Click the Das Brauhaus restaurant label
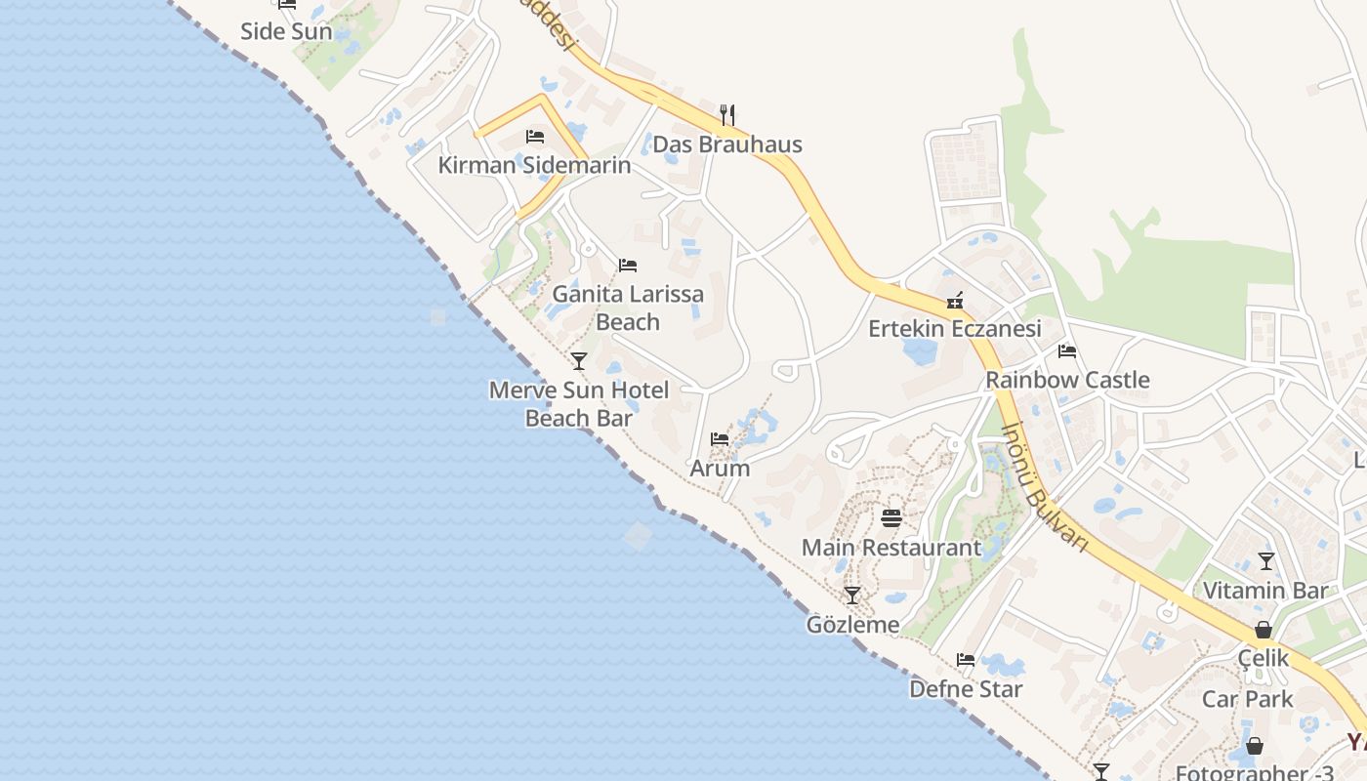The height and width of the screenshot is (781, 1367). tap(726, 144)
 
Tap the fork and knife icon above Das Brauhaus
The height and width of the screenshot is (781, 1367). tap(726, 115)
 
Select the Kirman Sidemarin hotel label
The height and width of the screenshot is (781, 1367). tap(534, 165)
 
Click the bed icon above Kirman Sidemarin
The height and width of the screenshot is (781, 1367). tap(534, 137)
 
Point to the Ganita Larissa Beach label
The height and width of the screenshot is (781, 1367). tap(628, 308)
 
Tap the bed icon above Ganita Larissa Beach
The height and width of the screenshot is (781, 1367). tap(628, 266)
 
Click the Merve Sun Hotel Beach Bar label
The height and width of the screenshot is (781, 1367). tap(579, 404)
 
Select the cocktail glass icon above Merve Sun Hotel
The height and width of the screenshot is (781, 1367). tap(579, 361)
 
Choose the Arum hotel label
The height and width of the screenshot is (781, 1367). tap(720, 468)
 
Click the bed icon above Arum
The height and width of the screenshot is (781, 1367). tap(720, 439)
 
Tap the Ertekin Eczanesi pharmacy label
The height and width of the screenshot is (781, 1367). tap(955, 329)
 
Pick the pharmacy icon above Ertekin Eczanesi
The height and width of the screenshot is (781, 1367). tap(955, 301)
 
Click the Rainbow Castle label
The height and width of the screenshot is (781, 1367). tap(1067, 380)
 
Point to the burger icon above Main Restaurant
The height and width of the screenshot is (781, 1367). tap(891, 517)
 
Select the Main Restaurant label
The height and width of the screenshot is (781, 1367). tap(891, 548)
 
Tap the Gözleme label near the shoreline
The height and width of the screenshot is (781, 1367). tap(852, 624)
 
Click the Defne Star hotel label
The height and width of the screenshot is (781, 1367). tap(966, 689)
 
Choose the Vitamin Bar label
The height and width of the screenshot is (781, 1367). tap(1265, 591)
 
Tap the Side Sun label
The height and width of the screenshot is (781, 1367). tap(286, 31)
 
